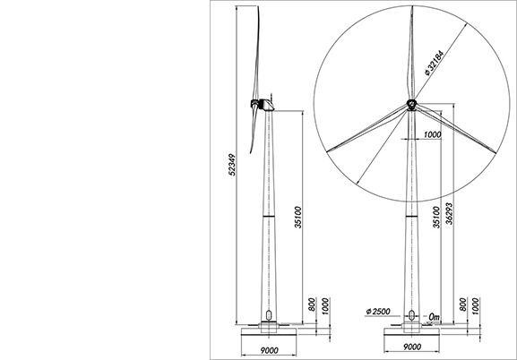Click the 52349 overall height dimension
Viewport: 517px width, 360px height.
tap(232, 165)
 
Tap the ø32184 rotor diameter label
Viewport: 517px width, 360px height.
tap(435, 63)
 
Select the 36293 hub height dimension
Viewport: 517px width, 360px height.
tap(449, 214)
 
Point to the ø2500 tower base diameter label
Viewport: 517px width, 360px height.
tap(378, 312)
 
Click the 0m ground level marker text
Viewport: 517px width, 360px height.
tap(434, 317)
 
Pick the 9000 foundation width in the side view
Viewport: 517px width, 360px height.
tap(270, 350)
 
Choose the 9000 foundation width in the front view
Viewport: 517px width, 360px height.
tap(412, 347)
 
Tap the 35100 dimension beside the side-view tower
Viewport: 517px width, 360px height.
tap(298, 218)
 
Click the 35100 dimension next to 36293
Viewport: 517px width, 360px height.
tap(436, 218)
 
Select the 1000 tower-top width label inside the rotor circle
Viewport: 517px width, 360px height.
tap(432, 134)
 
